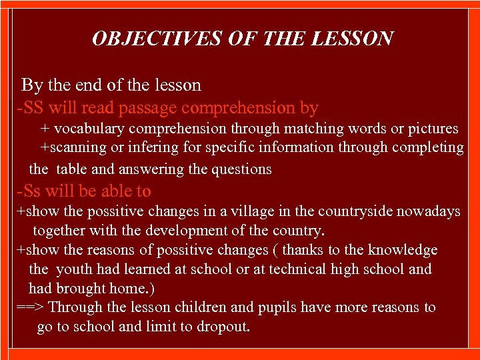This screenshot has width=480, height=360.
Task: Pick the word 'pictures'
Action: coord(428,128)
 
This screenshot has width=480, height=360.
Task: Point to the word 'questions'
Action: coord(241,169)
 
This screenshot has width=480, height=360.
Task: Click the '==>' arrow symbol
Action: coord(31,307)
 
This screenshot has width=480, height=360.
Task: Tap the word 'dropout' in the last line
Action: coord(223,327)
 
